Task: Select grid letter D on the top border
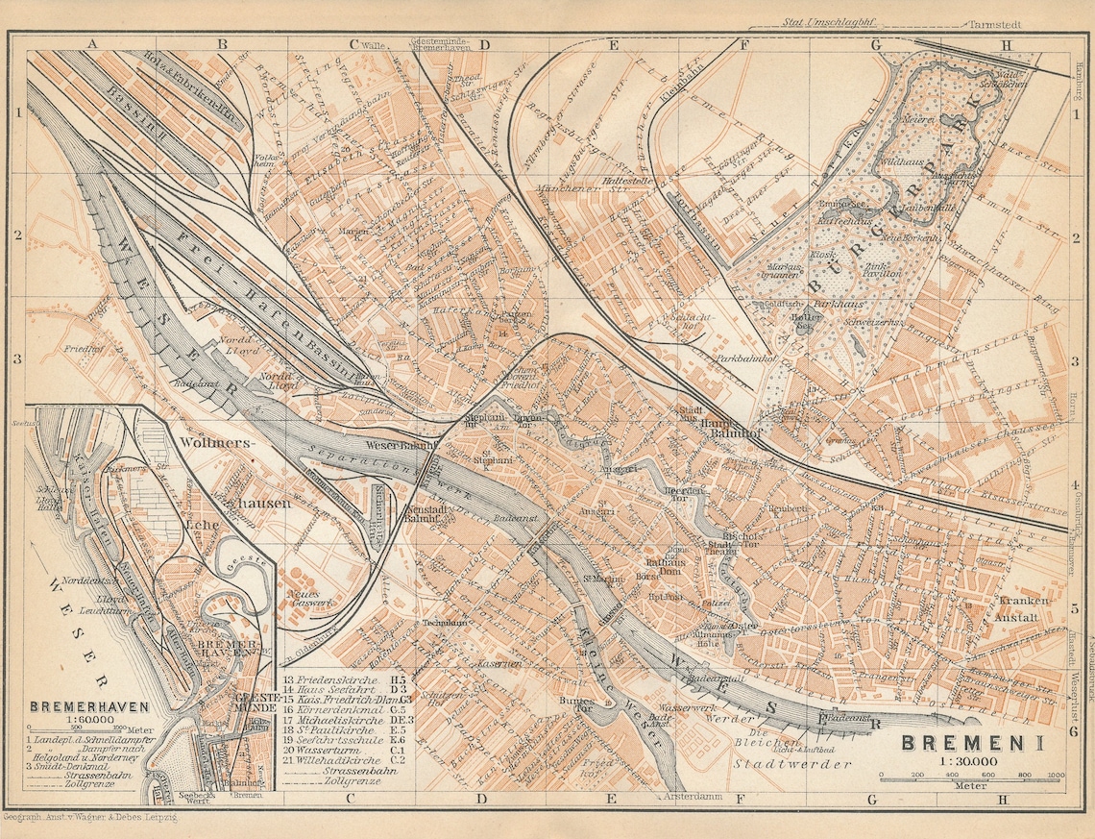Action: click(x=483, y=43)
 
